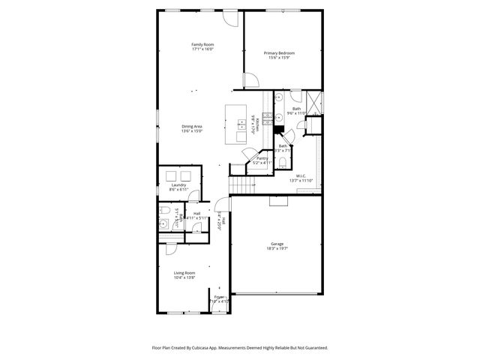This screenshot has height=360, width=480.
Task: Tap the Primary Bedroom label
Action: point(279,52)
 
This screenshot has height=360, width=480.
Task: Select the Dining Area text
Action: point(192,126)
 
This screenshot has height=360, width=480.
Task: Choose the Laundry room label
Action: point(178,184)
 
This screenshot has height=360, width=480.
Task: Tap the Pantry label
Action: point(262,157)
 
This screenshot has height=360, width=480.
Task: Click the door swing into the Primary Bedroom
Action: point(250,80)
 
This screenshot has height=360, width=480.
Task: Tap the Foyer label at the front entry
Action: point(219,297)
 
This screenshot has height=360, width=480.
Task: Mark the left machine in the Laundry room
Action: point(169,175)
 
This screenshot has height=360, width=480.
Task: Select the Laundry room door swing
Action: point(193,196)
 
